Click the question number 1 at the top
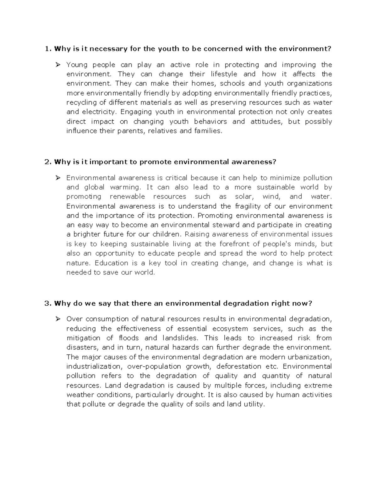pyautogui.click(x=47, y=49)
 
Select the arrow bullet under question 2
pyautogui.click(x=58, y=178)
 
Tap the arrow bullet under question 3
pyautogui.click(x=58, y=319)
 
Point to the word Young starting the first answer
pyautogui.click(x=77, y=65)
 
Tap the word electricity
pyautogui.click(x=99, y=112)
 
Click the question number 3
pyautogui.click(x=47, y=303)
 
